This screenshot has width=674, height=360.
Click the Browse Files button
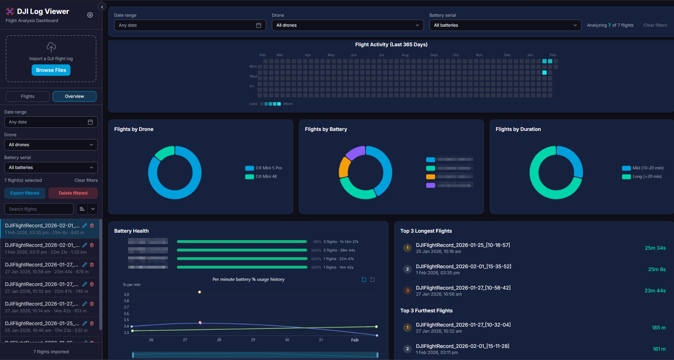[51, 70]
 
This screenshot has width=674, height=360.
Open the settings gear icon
[90, 15]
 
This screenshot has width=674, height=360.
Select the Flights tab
[28, 96]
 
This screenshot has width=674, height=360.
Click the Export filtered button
[25, 193]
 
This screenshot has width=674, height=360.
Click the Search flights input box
[39, 209]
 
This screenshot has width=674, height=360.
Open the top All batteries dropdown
[505, 25]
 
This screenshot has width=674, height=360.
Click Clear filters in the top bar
[655, 25]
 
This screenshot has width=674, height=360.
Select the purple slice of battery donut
[355, 152]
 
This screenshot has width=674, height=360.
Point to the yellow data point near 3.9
[200, 292]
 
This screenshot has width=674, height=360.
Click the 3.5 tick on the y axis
[126, 320]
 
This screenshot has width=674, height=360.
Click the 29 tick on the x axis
[253, 340]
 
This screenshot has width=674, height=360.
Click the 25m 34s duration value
[655, 248]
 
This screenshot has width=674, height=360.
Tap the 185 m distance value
[658, 328]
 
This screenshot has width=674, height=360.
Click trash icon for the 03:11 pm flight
[92, 245]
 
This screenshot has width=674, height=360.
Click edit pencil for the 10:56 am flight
[85, 265]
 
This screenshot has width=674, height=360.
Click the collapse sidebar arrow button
[102, 7]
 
